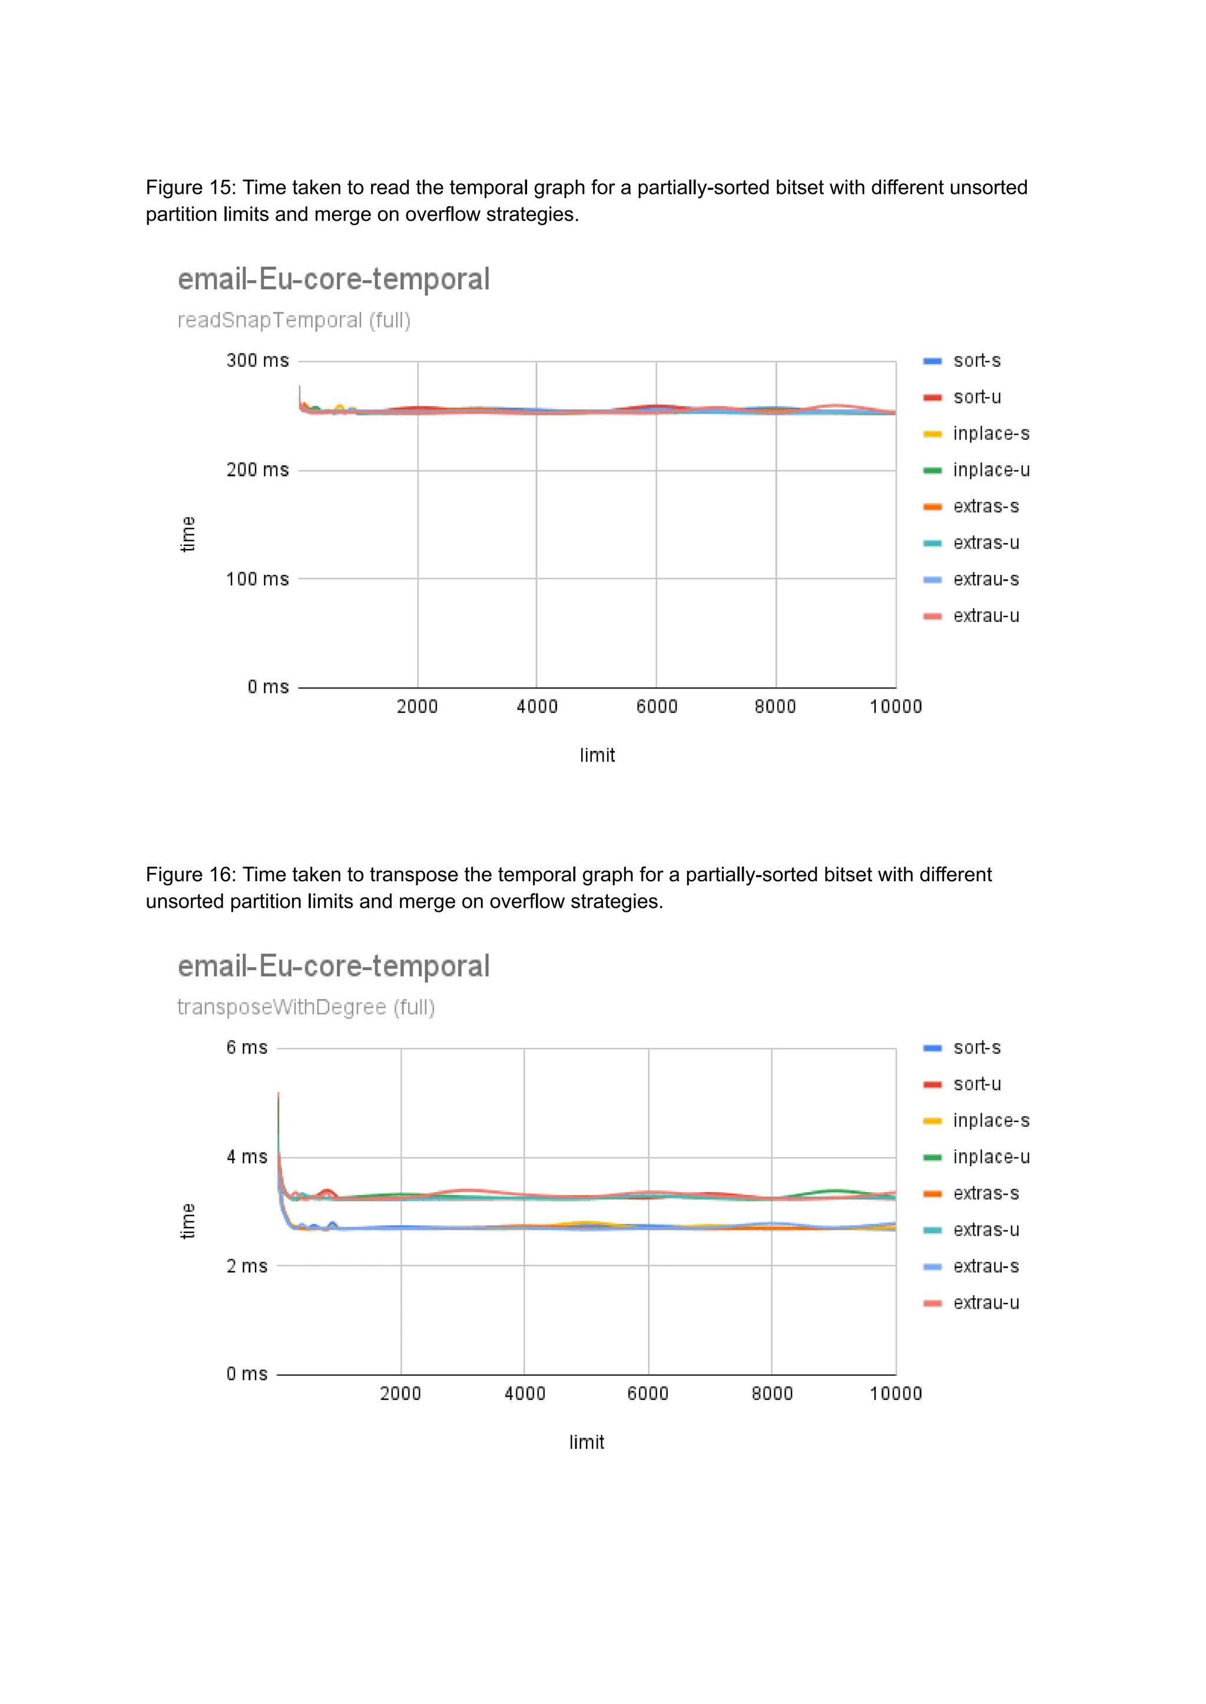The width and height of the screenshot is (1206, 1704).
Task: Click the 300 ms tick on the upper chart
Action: coord(257,361)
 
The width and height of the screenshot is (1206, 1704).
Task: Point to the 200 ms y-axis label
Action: coord(257,470)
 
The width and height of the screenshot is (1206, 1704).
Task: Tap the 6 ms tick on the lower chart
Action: coord(247,1048)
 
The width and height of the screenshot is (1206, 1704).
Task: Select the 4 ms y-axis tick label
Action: coord(247,1157)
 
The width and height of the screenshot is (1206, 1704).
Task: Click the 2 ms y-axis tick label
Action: coord(247,1266)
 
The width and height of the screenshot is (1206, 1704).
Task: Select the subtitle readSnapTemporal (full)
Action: coord(294,320)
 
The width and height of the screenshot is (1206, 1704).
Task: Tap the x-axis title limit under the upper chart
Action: coord(597,756)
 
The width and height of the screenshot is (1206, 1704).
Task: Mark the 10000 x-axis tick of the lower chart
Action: coord(895,1394)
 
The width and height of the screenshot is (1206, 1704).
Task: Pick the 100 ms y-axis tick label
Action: coord(257,580)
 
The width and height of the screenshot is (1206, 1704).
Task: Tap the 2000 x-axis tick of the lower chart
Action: coord(400,1394)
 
